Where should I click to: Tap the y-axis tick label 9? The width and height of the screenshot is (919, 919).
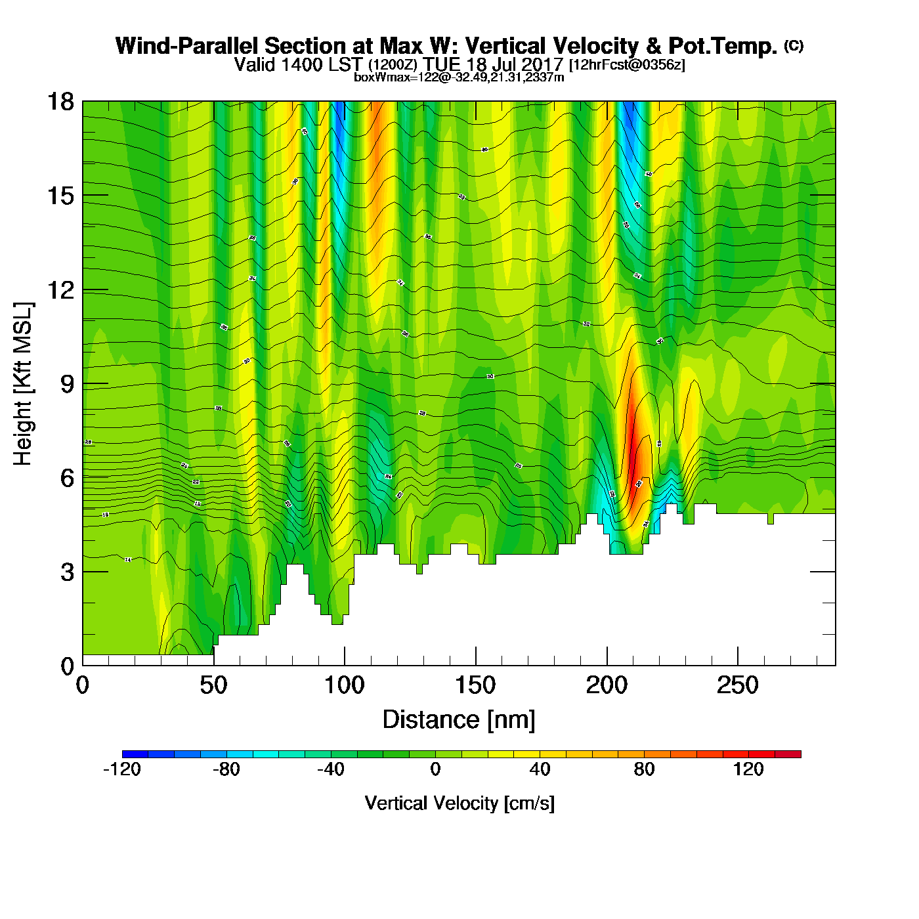pyautogui.click(x=67, y=384)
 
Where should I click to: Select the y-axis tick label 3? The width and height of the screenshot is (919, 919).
pyautogui.click(x=67, y=572)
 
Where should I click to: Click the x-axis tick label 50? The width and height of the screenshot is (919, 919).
pyautogui.click(x=213, y=686)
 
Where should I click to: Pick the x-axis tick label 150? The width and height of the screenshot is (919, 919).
pyautogui.click(x=475, y=686)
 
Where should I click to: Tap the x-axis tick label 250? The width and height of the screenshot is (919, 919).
pyautogui.click(x=738, y=686)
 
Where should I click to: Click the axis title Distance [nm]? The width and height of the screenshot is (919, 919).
pyautogui.click(x=459, y=720)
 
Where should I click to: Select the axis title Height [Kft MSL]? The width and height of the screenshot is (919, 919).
pyautogui.click(x=24, y=384)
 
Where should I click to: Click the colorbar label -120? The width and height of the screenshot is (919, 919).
pyautogui.click(x=122, y=769)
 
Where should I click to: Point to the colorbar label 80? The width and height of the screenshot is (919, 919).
pyautogui.click(x=644, y=769)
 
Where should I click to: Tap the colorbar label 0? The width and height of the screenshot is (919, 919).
pyautogui.click(x=435, y=769)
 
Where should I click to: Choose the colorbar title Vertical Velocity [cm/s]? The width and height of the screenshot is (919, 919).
pyautogui.click(x=460, y=803)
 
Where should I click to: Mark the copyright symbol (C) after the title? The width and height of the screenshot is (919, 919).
pyautogui.click(x=794, y=45)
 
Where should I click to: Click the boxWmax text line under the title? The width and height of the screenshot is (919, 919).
pyautogui.click(x=459, y=77)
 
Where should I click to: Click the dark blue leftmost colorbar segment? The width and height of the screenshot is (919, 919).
pyautogui.click(x=135, y=754)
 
